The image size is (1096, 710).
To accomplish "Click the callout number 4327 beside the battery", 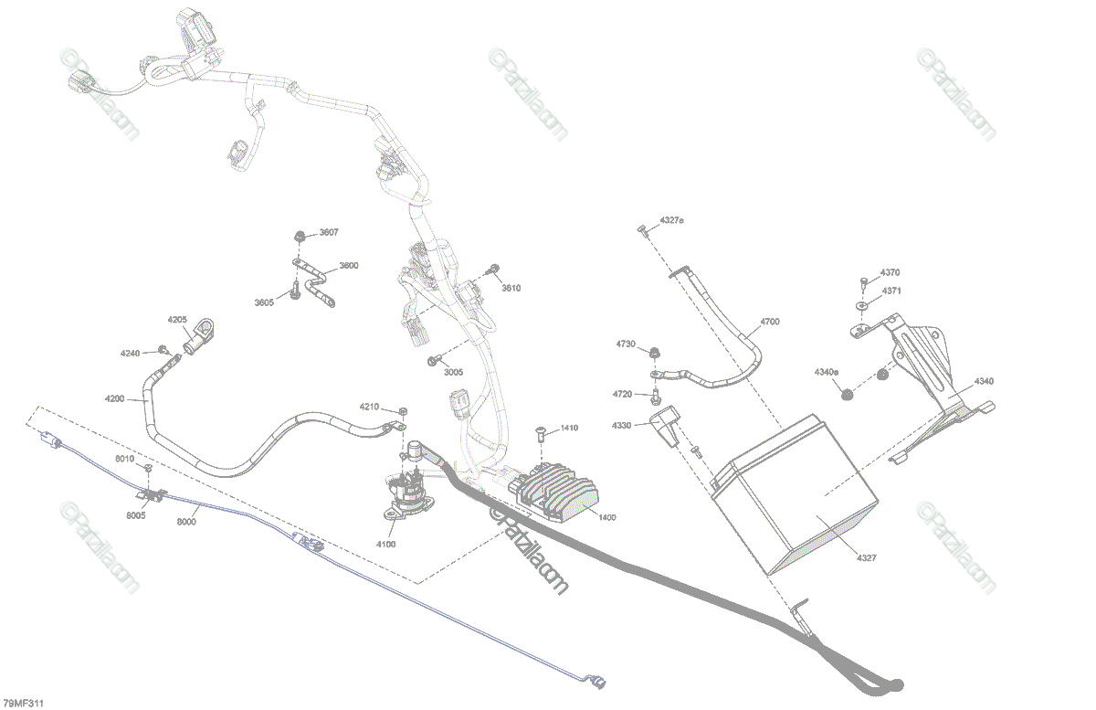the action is [867, 557].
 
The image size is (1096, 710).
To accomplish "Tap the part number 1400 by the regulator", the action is [606, 517].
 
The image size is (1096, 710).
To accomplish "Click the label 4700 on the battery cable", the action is [770, 322].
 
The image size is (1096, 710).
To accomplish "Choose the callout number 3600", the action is [349, 266].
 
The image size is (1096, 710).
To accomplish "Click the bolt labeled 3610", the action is [494, 270].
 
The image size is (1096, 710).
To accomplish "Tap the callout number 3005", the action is [453, 372].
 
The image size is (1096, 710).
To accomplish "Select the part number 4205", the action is [177, 320].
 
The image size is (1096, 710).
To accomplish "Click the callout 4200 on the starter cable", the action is [114, 399].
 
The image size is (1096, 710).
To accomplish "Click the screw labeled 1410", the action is [539, 429].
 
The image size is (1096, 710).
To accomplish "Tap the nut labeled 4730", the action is [654, 352].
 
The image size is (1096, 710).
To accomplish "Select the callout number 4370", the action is [890, 272].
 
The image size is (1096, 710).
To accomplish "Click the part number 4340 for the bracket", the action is [984, 380].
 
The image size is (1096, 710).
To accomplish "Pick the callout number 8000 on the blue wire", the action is [186, 522].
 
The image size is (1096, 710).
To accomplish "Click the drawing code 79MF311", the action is [23, 703].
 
